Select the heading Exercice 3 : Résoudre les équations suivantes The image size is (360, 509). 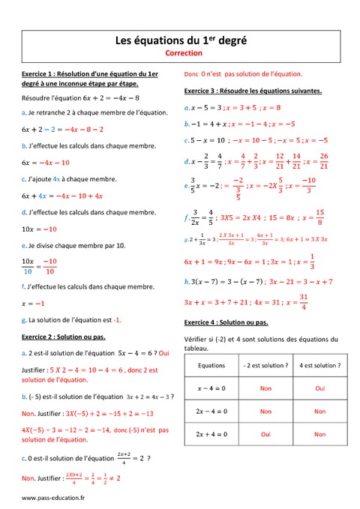coord(253,91)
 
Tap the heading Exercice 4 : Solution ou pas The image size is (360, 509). coord(226,322)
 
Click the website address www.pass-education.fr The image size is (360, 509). coord(53,497)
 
